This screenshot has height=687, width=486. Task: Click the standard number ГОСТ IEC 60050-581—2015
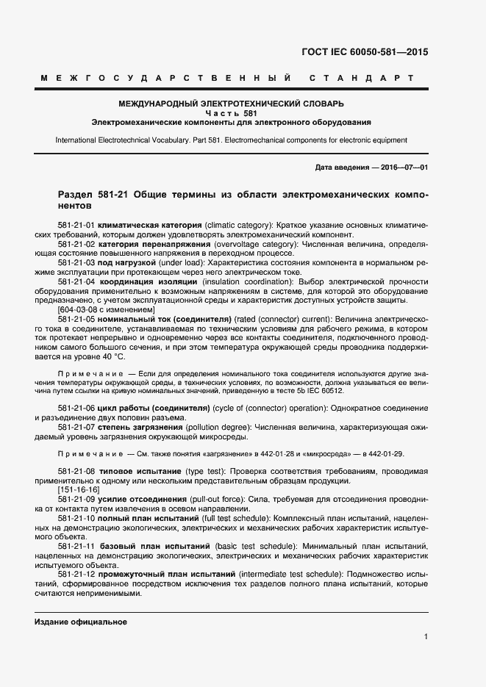click(365, 52)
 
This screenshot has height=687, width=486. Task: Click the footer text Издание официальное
click(81, 622)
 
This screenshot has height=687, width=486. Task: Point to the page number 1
click(426, 636)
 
